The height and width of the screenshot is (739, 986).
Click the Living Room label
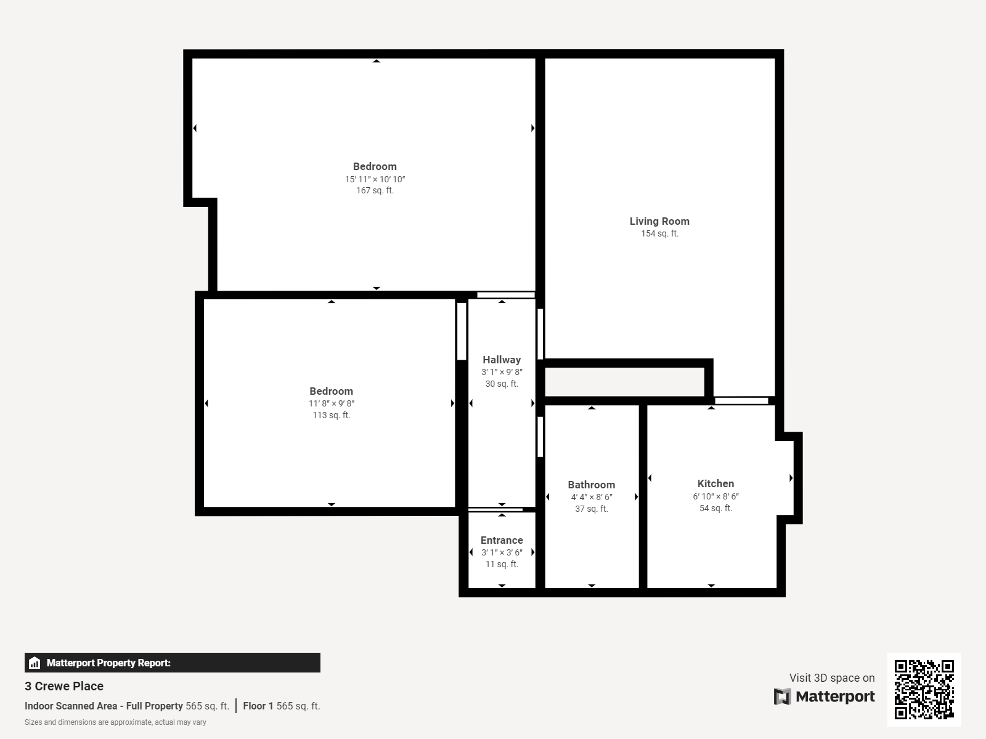tap(659, 221)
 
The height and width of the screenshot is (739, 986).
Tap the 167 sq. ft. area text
tap(375, 190)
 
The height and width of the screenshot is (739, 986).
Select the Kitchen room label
tap(715, 483)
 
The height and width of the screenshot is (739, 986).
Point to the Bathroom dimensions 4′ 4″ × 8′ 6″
tap(591, 497)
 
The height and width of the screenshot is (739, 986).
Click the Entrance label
tap(502, 540)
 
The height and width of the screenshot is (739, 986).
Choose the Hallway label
tap(502, 360)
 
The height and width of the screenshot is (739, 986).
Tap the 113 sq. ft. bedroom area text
tap(331, 415)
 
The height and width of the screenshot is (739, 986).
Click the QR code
tap(924, 689)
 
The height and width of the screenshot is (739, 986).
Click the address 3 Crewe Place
tap(64, 686)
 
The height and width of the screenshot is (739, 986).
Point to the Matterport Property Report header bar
tap(172, 663)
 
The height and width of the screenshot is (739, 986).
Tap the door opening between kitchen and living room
tap(741, 401)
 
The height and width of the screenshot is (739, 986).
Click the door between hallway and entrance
tap(495, 509)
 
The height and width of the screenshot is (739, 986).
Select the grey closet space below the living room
tap(624, 382)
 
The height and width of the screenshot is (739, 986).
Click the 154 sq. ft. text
tap(659, 233)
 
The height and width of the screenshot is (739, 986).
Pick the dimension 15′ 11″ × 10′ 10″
tap(375, 179)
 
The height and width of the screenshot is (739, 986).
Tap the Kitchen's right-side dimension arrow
tap(791, 478)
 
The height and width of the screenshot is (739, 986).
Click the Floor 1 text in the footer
tap(254, 706)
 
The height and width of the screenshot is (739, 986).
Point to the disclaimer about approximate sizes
tap(115, 722)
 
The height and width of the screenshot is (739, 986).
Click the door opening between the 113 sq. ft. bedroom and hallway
tap(461, 331)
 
